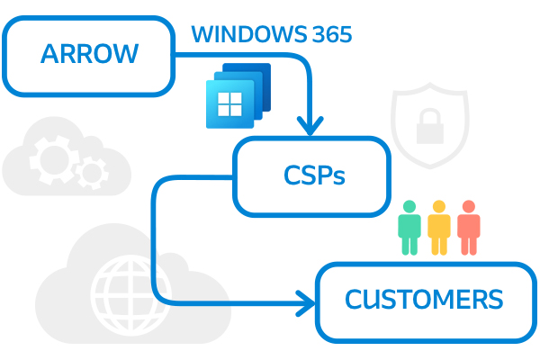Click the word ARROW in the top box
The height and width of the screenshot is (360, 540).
tap(89, 54)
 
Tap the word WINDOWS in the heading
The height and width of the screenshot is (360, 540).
tap(249, 34)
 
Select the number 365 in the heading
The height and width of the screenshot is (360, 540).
tap(332, 34)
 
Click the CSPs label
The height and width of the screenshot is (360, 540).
tap(314, 175)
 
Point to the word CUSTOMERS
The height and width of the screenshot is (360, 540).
tap(424, 299)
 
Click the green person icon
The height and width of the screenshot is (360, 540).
tap(409, 228)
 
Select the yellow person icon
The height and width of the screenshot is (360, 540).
tap(439, 228)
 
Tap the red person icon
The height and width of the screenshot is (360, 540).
tap(469, 228)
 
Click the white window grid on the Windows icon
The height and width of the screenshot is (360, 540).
tap(229, 104)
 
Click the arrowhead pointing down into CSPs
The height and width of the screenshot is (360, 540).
tap(310, 126)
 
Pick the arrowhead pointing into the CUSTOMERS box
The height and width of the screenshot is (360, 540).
tap(305, 303)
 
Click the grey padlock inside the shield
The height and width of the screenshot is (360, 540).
tap(430, 126)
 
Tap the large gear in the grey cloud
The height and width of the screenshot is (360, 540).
tap(53, 160)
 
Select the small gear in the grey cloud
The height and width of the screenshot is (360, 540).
tap(93, 173)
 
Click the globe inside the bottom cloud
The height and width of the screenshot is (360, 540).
tap(130, 295)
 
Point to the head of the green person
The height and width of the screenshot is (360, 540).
tap(409, 207)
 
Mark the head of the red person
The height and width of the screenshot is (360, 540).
tap(469, 207)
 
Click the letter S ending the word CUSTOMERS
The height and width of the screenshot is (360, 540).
tap(496, 299)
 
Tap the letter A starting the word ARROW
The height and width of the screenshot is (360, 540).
tap(49, 54)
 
